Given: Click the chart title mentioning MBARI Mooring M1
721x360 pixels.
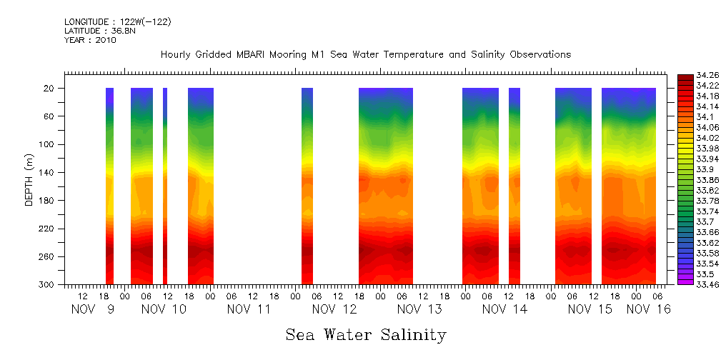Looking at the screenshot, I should (366, 55).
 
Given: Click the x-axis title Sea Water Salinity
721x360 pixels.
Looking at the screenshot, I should (366, 334).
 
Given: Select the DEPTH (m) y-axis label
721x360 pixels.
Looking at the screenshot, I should (30, 179).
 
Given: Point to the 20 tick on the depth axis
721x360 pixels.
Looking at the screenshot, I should (50, 89).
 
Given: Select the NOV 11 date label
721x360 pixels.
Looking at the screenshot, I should (249, 309).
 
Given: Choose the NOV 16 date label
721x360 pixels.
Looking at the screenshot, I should (649, 309).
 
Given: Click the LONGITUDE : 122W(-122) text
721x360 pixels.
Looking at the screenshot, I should (118, 22).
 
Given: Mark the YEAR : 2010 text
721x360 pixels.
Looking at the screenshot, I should (90, 41).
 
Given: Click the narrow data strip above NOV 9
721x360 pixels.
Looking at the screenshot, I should (109, 186).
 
